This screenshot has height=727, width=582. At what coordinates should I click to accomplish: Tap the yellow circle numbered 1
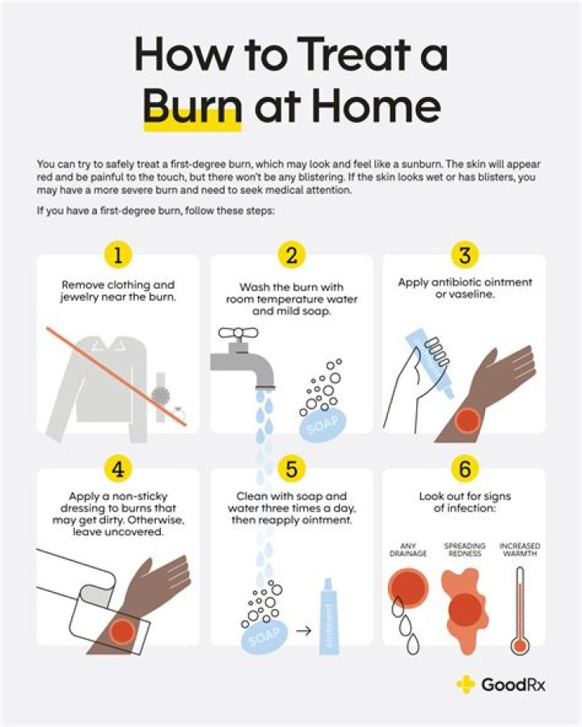coord(117,256)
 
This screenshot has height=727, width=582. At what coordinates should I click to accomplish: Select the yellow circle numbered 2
coord(291,256)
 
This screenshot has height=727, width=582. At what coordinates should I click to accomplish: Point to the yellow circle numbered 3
coord(464,256)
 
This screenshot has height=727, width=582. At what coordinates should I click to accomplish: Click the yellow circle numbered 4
coord(117,469)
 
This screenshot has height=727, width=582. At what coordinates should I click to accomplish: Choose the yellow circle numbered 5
coord(291,469)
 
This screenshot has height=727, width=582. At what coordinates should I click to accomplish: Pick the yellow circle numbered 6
coord(464,469)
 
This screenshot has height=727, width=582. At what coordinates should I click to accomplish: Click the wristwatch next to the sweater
coord(161,395)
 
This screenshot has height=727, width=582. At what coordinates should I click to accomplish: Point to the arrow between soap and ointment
coord(303,628)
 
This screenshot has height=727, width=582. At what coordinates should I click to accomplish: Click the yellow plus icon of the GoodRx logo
coord(466,684)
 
